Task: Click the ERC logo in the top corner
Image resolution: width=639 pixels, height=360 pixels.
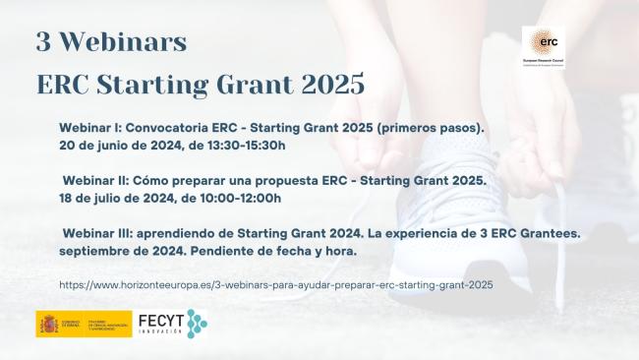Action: (x=543, y=47)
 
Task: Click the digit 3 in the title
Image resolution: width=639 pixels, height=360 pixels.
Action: (x=44, y=42)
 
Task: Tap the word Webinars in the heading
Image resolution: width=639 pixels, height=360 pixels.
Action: (x=125, y=42)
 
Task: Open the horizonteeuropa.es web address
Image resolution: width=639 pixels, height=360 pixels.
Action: (x=276, y=284)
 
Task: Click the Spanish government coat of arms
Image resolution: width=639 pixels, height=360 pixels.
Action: (x=48, y=324)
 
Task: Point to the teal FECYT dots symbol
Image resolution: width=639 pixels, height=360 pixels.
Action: (x=197, y=323)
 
